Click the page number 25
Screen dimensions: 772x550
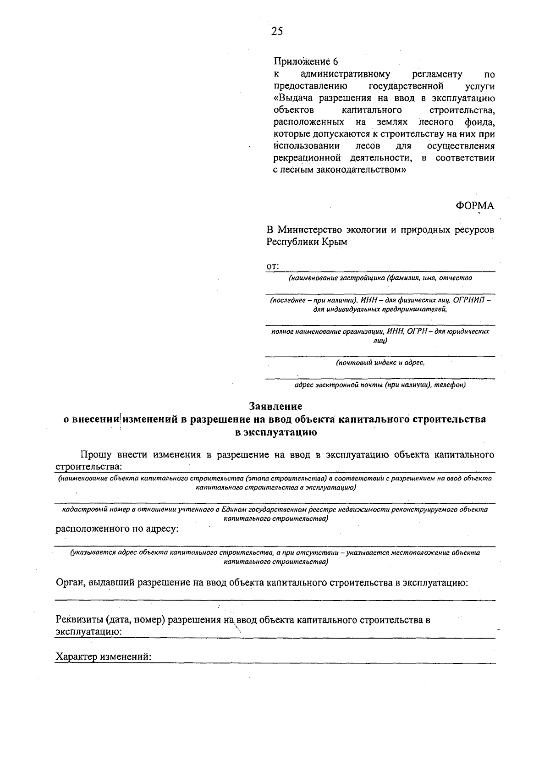tap(277, 31)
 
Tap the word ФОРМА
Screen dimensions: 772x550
tap(475, 206)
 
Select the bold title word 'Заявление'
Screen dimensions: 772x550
tap(275, 406)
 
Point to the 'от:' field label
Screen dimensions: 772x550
tap(273, 266)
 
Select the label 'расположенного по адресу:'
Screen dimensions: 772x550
tap(117, 529)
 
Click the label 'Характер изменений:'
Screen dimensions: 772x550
tap(103, 656)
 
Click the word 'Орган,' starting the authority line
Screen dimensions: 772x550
tap(71, 583)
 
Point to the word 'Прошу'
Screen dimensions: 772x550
tap(95, 455)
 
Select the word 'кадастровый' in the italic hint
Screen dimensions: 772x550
tap(83, 509)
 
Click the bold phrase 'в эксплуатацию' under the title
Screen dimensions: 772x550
tap(275, 432)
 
